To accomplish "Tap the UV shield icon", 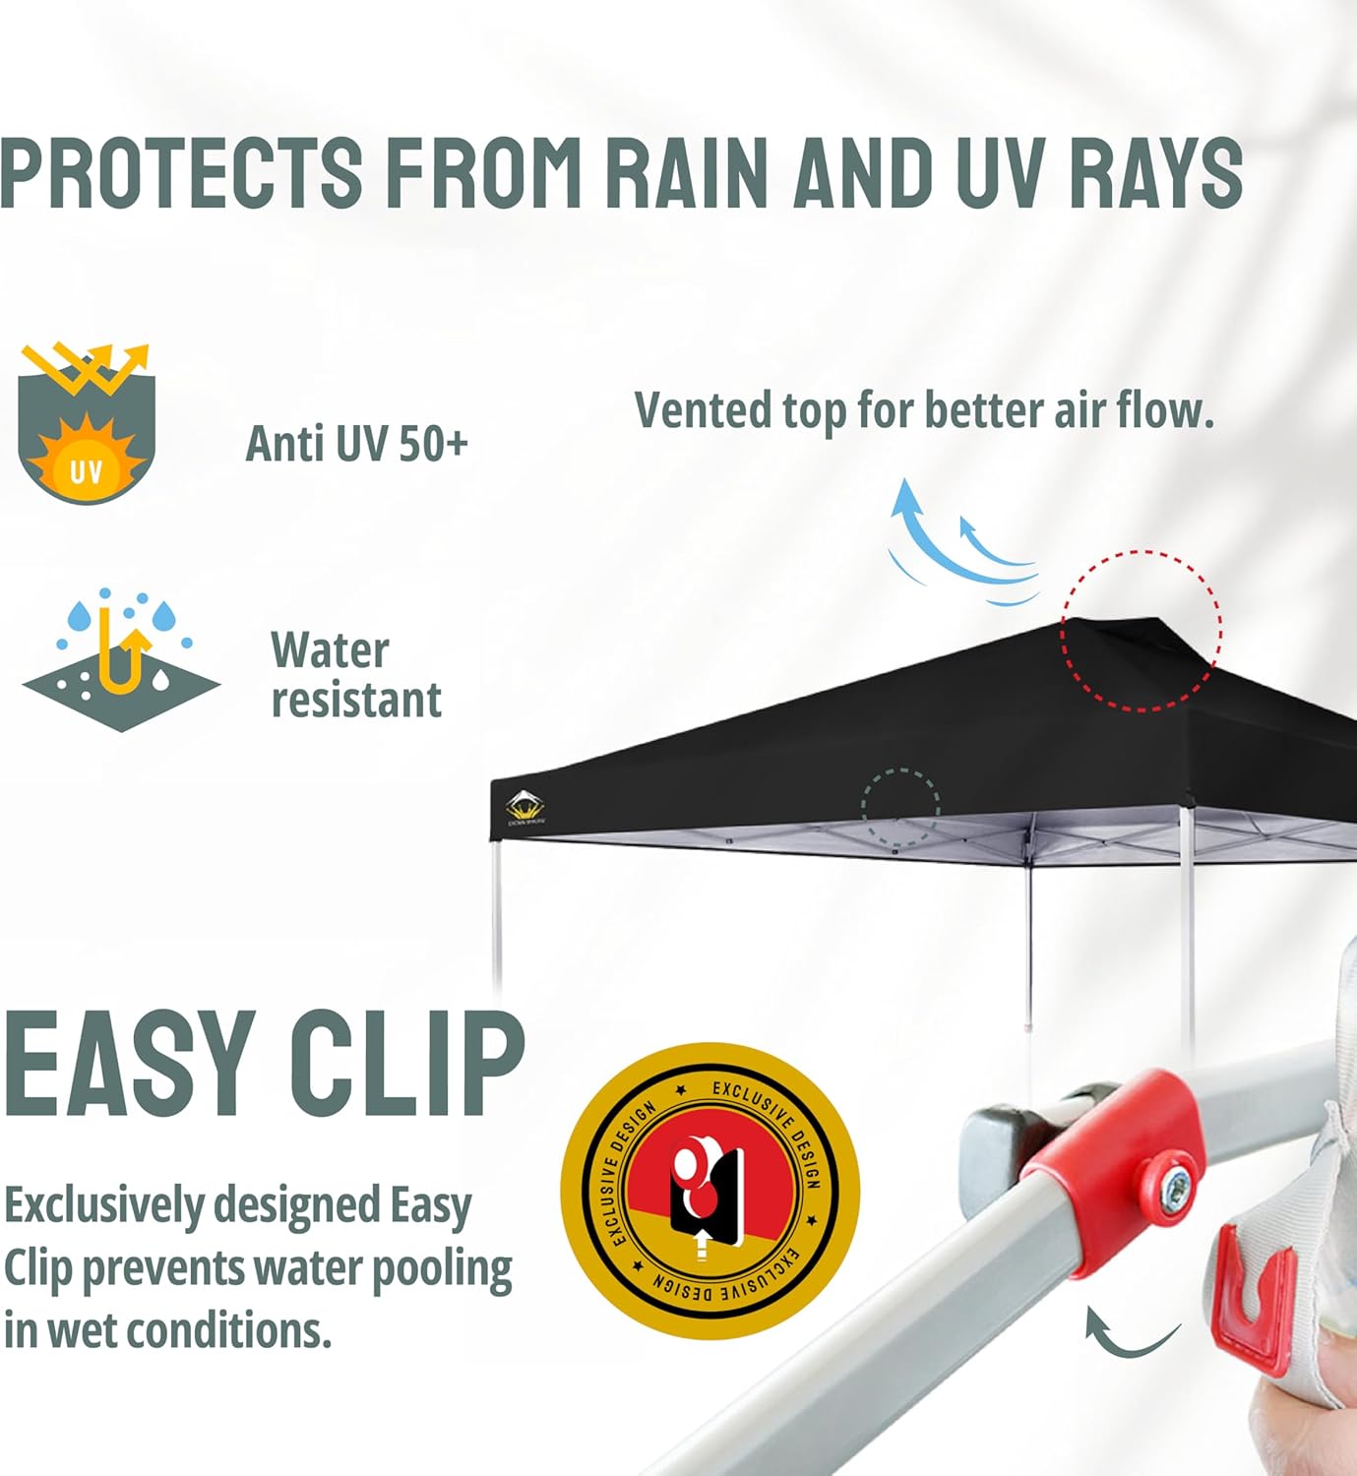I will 87,425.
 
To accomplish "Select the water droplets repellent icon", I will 121,660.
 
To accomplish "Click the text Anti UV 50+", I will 356,444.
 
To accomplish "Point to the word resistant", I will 356,701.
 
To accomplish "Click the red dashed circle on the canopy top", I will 1141,630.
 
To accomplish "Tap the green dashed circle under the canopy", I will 900,807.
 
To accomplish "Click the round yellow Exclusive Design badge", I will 710,1190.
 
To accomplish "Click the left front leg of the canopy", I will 497,915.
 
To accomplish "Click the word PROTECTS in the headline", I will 182,172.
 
